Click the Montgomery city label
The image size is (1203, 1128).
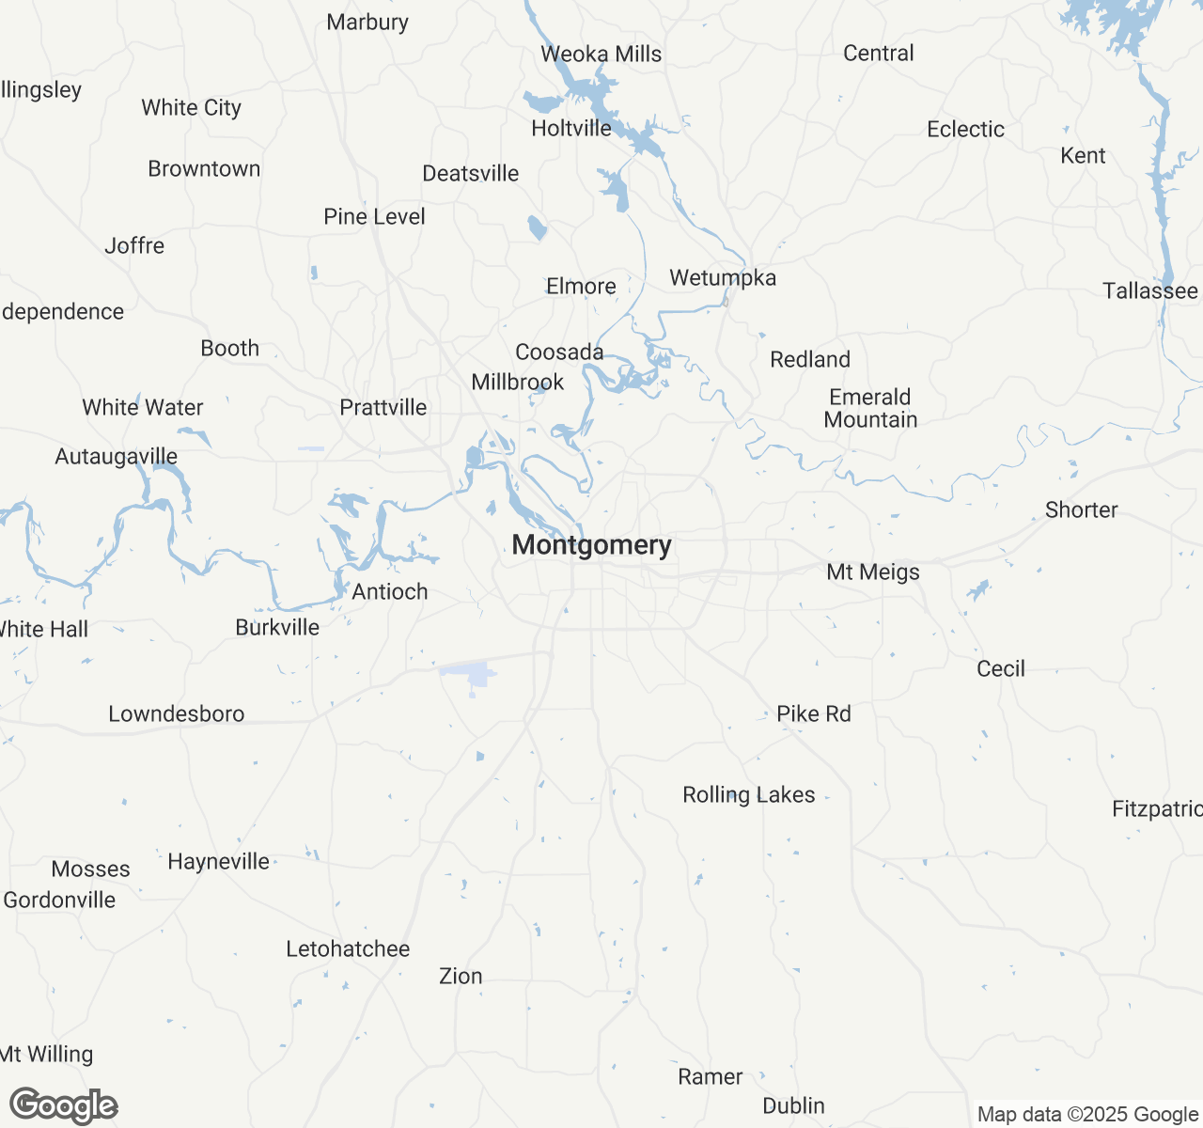591,545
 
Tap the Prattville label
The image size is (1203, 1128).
383,407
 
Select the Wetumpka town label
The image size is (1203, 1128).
723,277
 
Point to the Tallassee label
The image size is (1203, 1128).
1150,290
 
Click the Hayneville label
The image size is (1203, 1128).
218,861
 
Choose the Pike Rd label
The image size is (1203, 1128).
814,713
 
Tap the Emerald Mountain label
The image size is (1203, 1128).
870,408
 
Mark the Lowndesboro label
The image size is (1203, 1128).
177,713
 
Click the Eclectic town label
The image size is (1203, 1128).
965,129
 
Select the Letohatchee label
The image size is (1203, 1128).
348,948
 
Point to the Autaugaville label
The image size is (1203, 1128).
117,456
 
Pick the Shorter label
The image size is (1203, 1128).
1082,509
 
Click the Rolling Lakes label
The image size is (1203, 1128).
749,794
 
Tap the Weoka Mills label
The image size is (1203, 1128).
601,54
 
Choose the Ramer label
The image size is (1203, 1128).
711,1076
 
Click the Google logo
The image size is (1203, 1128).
64,1105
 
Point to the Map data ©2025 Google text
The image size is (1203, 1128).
1087,1114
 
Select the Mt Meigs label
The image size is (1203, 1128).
873,572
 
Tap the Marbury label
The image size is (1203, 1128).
367,22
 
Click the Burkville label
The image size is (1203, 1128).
277,627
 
